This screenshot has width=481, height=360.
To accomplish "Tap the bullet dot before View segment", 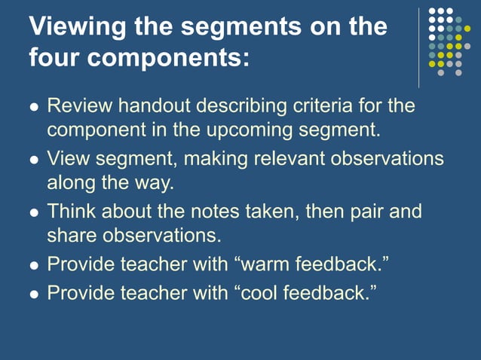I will pos(33,160).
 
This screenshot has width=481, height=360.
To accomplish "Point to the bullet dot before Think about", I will pos(33,212).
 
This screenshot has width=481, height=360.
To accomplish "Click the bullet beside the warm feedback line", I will pos(33,265).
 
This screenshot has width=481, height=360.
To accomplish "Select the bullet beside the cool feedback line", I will pos(33,292).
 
